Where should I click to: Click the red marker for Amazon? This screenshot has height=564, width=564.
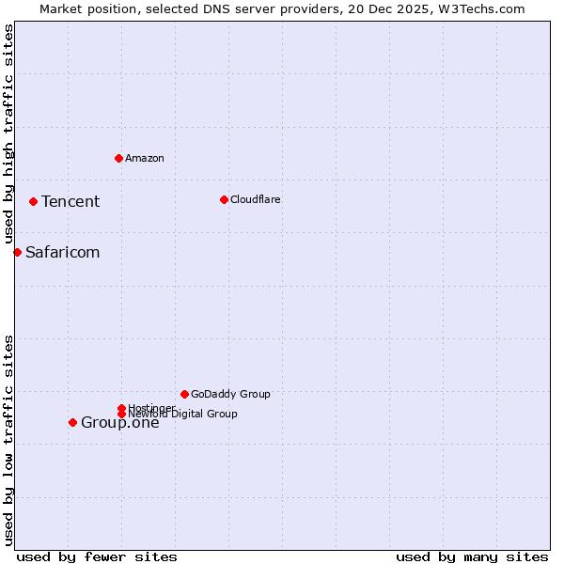pyautogui.click(x=118, y=158)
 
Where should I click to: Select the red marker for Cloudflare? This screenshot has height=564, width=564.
pyautogui.click(x=224, y=199)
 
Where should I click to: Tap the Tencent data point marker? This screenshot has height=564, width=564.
pyautogui.click(x=33, y=201)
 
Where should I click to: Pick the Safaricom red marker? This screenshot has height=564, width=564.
pyautogui.click(x=17, y=252)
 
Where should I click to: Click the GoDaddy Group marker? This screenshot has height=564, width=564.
pyautogui.click(x=184, y=394)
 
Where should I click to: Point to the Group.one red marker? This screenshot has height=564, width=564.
pyautogui.click(x=72, y=422)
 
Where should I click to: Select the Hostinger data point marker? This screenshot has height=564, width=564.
pyautogui.click(x=121, y=408)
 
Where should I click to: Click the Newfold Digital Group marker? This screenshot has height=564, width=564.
pyautogui.click(x=121, y=414)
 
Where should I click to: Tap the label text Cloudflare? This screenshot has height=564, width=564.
pyautogui.click(x=256, y=199)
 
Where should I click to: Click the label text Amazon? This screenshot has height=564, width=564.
pyautogui.click(x=145, y=158)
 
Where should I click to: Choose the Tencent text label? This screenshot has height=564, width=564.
pyautogui.click(x=70, y=201)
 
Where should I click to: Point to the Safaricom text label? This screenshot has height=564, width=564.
pyautogui.click(x=63, y=252)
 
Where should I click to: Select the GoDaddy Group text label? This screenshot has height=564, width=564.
pyautogui.click(x=230, y=394)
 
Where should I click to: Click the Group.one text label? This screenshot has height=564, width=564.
pyautogui.click(x=120, y=422)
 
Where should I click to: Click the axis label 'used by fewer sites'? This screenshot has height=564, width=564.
pyautogui.click(x=97, y=556)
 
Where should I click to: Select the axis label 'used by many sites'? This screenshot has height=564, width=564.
pyautogui.click(x=472, y=556)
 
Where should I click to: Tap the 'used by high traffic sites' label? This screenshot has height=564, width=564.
pyautogui.click(x=9, y=133)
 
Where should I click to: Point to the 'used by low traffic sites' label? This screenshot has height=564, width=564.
pyautogui.click(x=9, y=439)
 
